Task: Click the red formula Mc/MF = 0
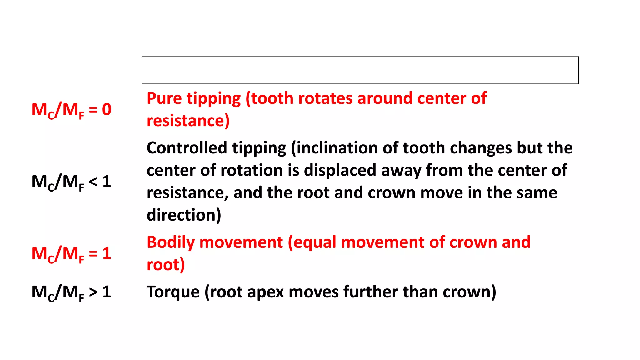click(72, 110)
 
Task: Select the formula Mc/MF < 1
click(72, 182)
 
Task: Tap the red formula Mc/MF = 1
click(72, 254)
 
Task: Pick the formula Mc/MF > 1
click(72, 292)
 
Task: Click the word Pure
click(164, 98)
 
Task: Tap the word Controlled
click(187, 148)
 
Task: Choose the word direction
click(184, 215)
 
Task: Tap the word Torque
click(173, 292)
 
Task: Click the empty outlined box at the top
click(360, 70)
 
